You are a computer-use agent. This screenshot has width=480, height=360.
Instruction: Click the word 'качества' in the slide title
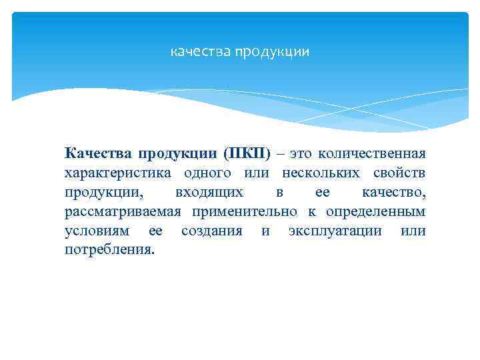pyautogui.click(x=200, y=51)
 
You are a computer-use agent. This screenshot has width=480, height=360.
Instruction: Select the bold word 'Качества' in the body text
pyautogui.click(x=98, y=154)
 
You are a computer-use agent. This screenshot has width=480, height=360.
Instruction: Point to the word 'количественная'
pyautogui.click(x=371, y=154)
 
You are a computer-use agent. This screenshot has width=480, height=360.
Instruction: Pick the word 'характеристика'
pyautogui.click(x=115, y=173)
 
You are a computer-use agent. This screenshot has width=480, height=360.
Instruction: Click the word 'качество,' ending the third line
pyautogui.click(x=393, y=193)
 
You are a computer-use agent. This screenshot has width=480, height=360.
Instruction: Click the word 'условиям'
pyautogui.click(x=97, y=231)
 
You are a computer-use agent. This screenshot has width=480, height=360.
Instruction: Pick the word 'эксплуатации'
pyautogui.click(x=335, y=231)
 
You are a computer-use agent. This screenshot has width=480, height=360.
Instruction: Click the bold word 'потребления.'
pyautogui.click(x=109, y=251)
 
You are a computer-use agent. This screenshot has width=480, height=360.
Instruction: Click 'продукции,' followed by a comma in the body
pyautogui.click(x=103, y=193)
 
